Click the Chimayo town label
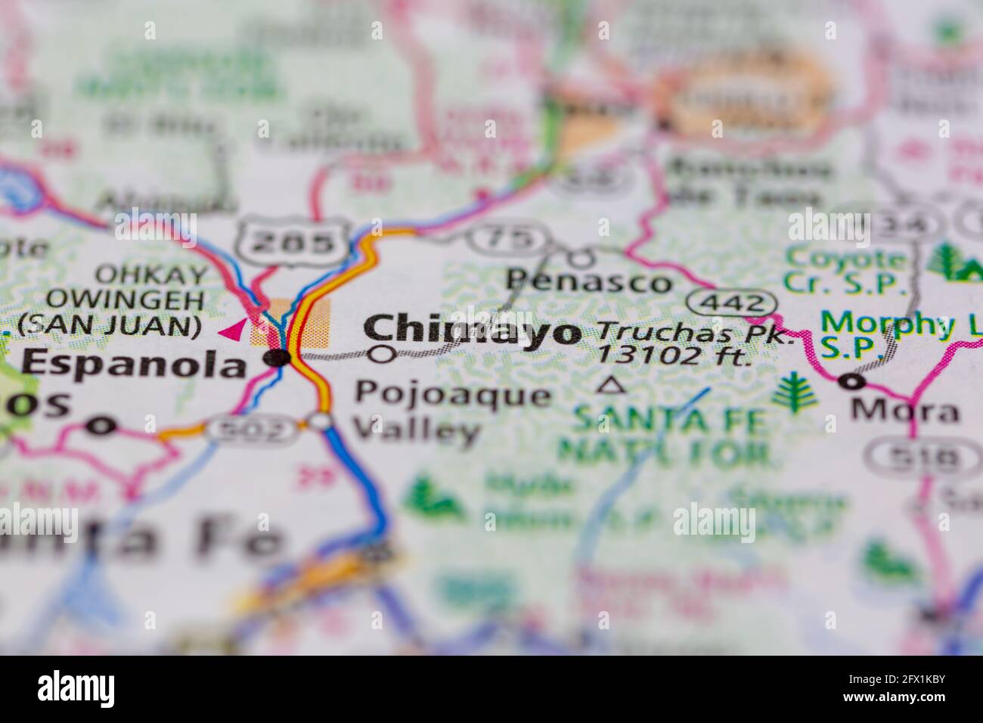point(473,330)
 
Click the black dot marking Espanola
point(281,358)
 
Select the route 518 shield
point(913,457)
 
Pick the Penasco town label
point(589,282)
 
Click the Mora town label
point(904,411)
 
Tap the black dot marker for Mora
point(855,383)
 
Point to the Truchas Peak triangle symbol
point(611,386)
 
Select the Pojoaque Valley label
point(452,413)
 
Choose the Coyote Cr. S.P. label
point(845,270)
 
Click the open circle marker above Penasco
point(580,259)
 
